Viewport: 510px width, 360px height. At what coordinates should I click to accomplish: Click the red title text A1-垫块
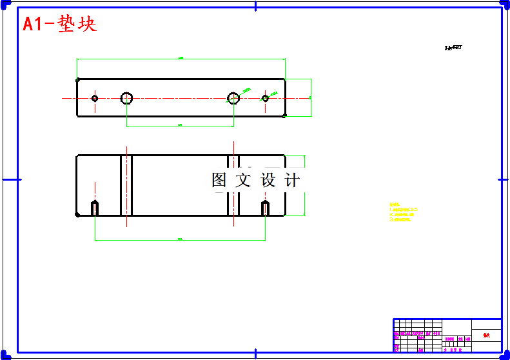click(59, 25)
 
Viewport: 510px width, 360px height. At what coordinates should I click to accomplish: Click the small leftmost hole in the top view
click(95, 98)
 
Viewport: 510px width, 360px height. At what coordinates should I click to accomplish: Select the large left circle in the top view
click(126, 98)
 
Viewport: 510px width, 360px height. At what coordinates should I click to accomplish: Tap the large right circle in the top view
click(233, 98)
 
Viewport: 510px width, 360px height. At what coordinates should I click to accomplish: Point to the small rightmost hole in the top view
click(265, 98)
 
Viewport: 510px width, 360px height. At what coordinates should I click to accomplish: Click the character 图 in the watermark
click(219, 181)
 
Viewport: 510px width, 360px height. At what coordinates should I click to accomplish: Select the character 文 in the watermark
click(243, 181)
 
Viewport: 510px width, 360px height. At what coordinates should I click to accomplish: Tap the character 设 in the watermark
click(268, 181)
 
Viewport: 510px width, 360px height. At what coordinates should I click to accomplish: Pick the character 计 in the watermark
click(292, 181)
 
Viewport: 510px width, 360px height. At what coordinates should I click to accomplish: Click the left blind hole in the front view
click(95, 208)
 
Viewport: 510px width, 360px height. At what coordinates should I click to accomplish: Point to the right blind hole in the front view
click(265, 208)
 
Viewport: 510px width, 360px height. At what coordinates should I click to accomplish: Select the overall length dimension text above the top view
click(181, 58)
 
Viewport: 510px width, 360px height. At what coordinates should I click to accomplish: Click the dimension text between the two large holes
click(180, 125)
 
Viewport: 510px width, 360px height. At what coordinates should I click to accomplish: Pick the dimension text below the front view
click(180, 239)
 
